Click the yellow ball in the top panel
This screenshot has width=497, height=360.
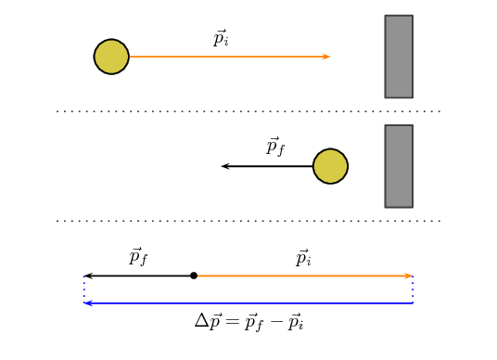tap(111, 57)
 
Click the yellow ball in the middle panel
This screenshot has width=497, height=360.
tap(330, 166)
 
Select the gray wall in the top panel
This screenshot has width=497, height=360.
tap(399, 57)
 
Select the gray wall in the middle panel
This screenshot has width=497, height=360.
tap(399, 166)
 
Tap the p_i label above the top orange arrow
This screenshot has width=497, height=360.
tap(221, 39)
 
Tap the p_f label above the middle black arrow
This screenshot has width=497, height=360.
tap(275, 147)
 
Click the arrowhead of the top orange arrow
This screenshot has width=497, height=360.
tap(327, 57)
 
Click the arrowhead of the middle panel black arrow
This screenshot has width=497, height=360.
tap(224, 166)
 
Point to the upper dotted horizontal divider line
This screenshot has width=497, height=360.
tap(248, 111)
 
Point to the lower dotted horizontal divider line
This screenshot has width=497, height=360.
tap(248, 221)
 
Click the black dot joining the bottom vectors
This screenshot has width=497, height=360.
tap(194, 276)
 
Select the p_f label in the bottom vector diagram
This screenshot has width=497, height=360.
tap(138, 257)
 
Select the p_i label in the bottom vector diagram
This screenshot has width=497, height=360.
tap(303, 258)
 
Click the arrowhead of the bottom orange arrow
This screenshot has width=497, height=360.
tap(409, 276)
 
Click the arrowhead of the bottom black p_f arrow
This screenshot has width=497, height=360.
tap(87, 276)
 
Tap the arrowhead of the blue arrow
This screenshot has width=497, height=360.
tap(87, 303)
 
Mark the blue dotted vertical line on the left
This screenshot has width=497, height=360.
tap(83, 289)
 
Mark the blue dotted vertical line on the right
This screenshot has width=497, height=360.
tap(413, 289)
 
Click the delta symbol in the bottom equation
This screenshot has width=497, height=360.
tap(201, 321)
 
